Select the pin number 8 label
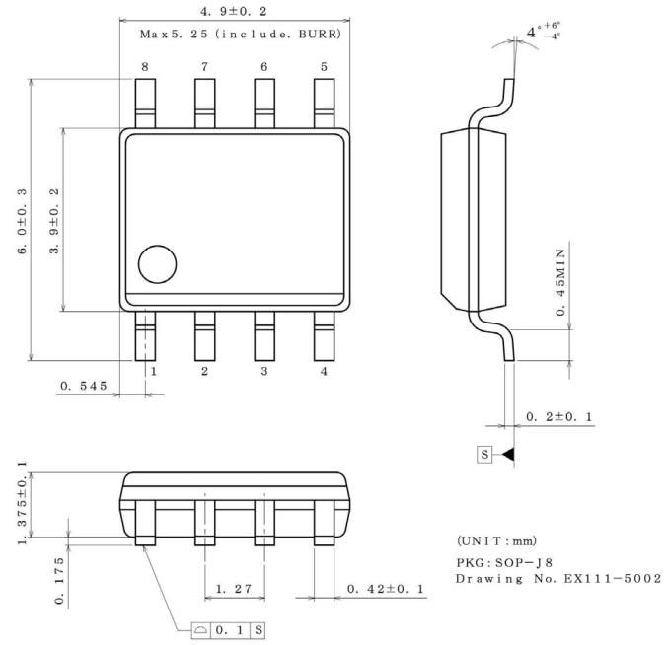click(x=145, y=67)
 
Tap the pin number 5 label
click(x=324, y=67)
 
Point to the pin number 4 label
click(x=324, y=372)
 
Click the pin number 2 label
click(x=205, y=372)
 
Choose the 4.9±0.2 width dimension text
click(x=235, y=11)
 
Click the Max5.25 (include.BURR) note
click(x=240, y=35)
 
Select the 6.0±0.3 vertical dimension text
click(x=22, y=221)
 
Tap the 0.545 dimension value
click(x=83, y=386)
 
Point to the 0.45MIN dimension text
click(x=561, y=276)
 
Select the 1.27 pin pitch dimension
click(x=235, y=589)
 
